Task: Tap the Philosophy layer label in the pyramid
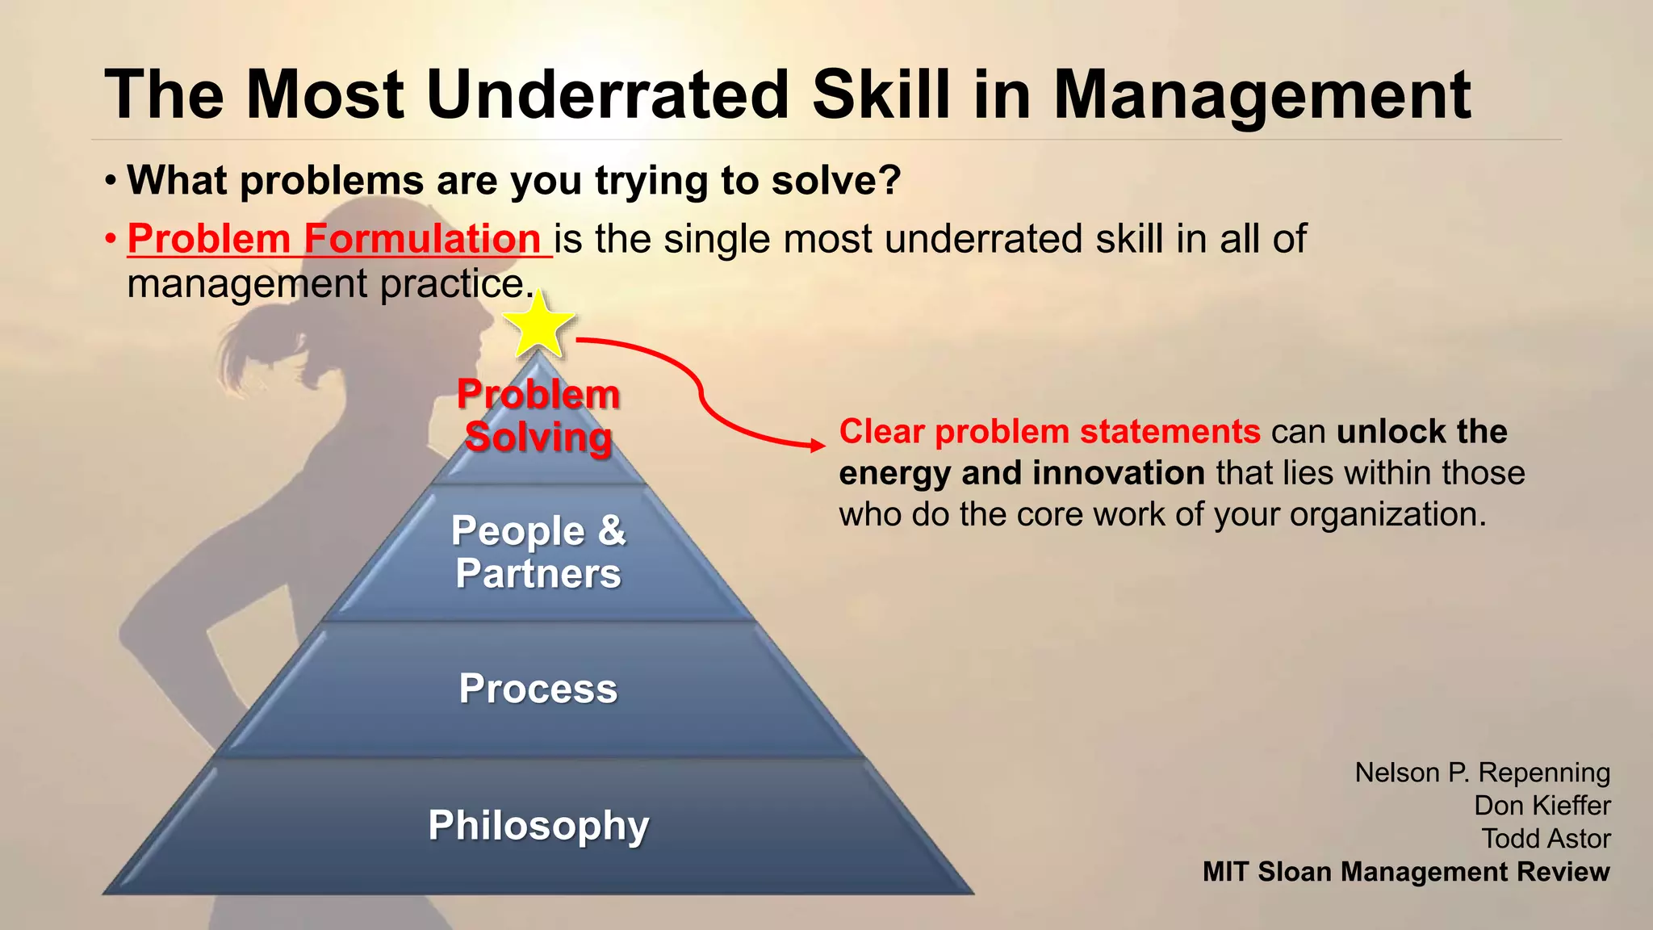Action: pos(538,825)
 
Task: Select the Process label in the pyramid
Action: pos(538,689)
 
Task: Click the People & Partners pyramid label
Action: pos(538,552)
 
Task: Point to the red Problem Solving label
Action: pos(538,416)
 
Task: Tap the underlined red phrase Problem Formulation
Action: pos(334,239)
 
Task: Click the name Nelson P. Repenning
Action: pos(1482,773)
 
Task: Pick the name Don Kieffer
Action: pos(1542,806)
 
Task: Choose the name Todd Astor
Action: pos(1546,839)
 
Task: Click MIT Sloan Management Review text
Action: pos(1406,872)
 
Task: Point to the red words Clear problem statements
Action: pos(1049,432)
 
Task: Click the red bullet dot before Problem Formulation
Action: pos(111,240)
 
